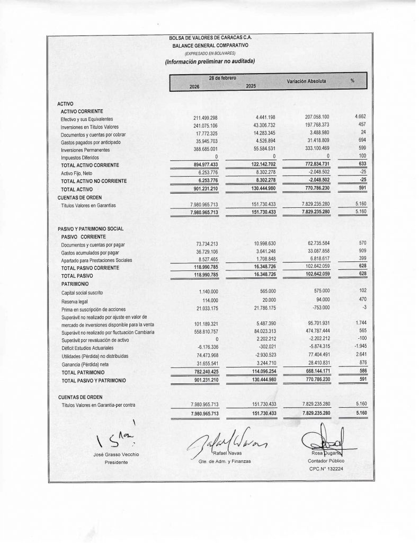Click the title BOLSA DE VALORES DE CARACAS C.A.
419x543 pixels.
point(210,39)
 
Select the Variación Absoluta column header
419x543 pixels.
point(306,82)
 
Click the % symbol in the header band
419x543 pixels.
point(352,81)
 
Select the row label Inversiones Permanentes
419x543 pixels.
point(85,150)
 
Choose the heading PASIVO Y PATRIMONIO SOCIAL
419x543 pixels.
point(90,228)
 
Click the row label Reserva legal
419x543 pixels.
point(74,301)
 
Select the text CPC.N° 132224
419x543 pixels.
point(324,469)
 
